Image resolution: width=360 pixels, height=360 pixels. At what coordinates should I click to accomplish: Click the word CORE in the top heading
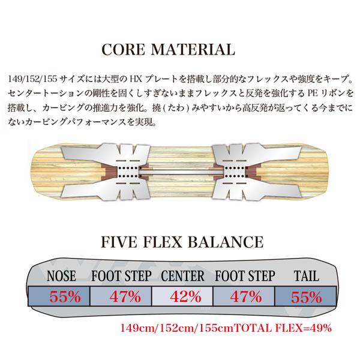point(123,49)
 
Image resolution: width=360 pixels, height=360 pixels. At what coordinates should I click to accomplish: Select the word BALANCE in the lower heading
point(226,242)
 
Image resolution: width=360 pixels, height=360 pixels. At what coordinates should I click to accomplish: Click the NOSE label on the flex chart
point(61,276)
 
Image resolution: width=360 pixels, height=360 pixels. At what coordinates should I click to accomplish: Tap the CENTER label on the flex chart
point(183,276)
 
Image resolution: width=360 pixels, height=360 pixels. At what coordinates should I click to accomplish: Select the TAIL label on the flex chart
point(307,276)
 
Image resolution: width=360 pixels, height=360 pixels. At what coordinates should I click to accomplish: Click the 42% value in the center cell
point(185,296)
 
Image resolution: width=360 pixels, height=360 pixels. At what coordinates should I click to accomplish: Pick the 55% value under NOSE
point(65,296)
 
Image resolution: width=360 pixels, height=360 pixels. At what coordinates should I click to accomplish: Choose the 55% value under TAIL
point(306,297)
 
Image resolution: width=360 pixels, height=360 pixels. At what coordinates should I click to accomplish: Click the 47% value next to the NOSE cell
point(125,296)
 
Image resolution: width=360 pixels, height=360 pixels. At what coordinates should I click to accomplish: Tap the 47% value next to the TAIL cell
point(246,296)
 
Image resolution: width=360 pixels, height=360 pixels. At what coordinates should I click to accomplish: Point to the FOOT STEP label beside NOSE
point(121,276)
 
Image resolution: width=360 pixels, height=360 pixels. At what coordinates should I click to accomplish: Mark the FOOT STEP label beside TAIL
point(245,276)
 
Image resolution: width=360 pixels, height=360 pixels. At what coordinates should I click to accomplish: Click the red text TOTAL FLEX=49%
point(283,328)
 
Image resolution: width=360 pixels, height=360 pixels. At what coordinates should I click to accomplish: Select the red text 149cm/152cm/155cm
point(177,328)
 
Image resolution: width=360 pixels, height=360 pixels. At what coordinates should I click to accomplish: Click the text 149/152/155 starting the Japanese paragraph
point(32,79)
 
